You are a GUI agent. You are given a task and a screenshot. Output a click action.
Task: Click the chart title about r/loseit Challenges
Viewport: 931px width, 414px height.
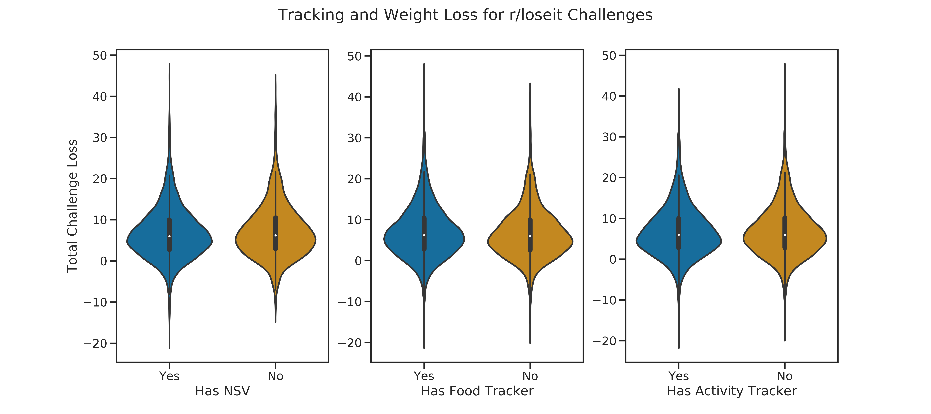tap(465, 15)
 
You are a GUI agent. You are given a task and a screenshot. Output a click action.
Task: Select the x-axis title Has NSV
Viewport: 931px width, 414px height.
tap(222, 391)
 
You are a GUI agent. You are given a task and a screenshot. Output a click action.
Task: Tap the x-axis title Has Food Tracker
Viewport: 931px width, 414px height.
tap(477, 391)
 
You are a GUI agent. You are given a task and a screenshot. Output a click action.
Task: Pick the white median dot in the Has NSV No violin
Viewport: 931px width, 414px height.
tap(276, 235)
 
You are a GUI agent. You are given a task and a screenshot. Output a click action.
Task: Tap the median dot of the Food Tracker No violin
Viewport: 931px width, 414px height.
tap(530, 236)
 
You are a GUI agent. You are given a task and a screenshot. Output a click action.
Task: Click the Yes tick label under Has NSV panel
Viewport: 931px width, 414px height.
tap(170, 376)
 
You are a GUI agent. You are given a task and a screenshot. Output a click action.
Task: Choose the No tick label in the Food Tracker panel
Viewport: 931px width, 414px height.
tap(530, 376)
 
